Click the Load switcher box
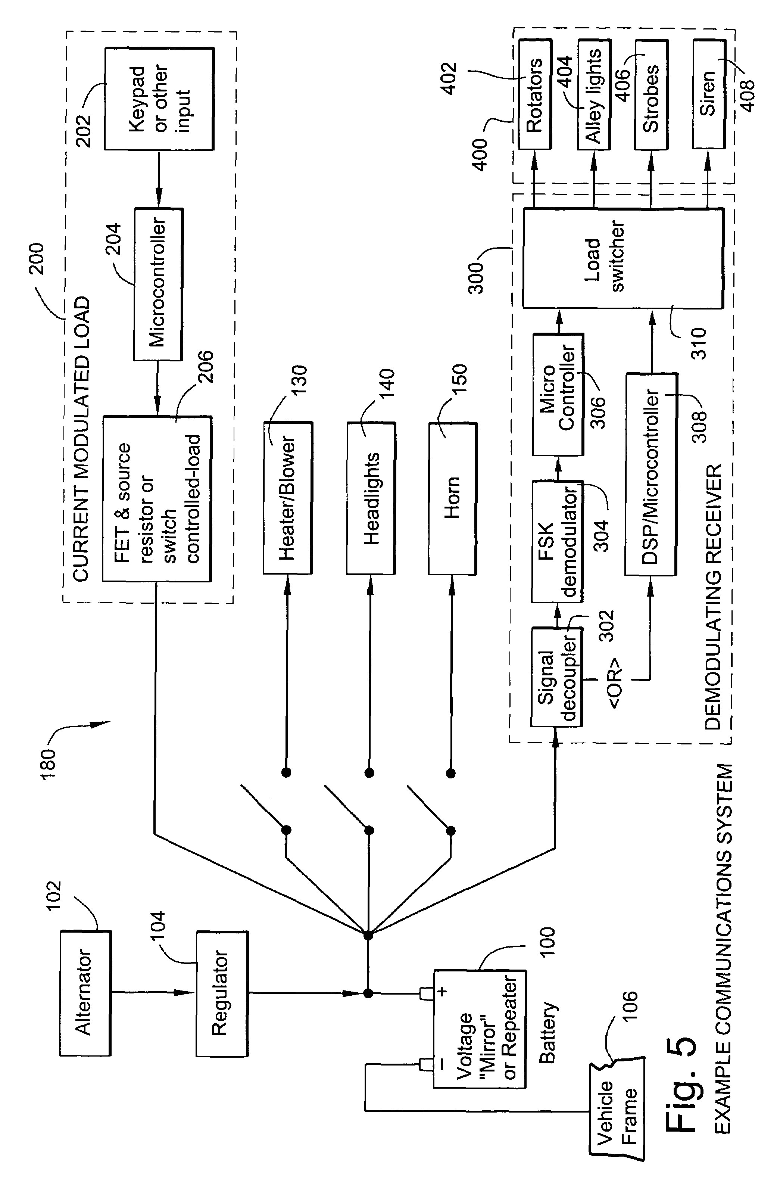click(622, 258)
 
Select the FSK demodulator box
click(557, 541)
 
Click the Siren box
click(708, 94)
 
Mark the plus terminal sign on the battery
click(442, 991)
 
